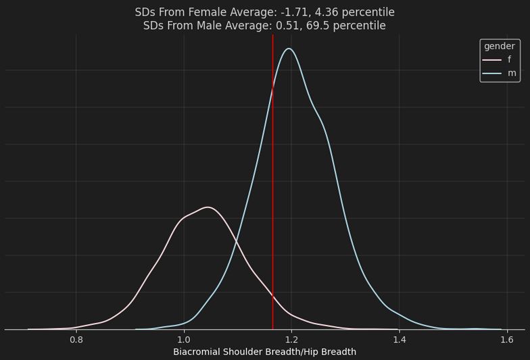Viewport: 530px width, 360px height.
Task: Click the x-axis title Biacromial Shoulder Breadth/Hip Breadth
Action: (264, 352)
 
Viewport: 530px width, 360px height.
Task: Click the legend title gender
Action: (500, 46)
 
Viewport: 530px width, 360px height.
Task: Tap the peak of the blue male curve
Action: (289, 49)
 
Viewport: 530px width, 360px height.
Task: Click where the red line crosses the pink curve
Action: (272, 296)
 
